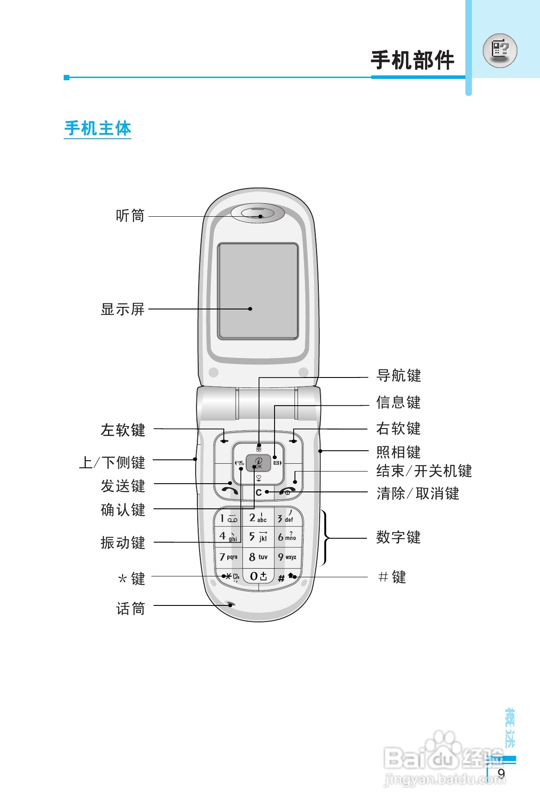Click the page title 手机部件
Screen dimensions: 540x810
[x=412, y=60]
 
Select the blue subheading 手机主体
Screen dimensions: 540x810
[x=98, y=128]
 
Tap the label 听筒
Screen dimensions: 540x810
[x=130, y=215]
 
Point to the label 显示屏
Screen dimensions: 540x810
[x=122, y=309]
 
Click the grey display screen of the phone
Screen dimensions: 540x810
[x=258, y=291]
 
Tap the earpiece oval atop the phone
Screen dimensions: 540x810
[x=258, y=213]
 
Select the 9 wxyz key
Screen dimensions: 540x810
[x=287, y=557]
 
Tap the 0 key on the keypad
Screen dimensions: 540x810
[x=258, y=576]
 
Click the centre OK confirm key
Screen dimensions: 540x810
[x=259, y=463]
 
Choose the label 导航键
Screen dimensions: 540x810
[x=399, y=375]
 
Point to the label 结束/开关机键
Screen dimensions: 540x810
[x=424, y=471]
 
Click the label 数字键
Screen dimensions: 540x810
[x=398, y=537]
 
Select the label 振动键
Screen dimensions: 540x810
[x=123, y=543]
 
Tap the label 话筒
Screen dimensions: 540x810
[x=130, y=609]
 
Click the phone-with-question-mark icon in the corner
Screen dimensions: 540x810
[x=500, y=50]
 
